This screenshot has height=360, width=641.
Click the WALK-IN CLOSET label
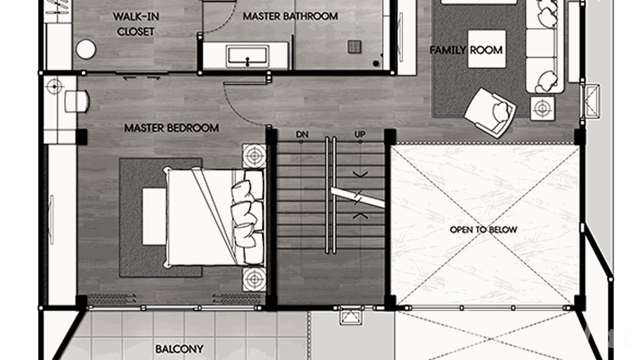click(x=136, y=24)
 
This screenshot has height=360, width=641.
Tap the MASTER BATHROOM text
click(x=290, y=16)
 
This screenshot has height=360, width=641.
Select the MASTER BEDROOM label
click(x=171, y=128)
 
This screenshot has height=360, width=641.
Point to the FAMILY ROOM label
click(x=466, y=50)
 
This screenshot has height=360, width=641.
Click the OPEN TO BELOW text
click(x=483, y=230)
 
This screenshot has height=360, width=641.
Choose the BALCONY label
click(x=179, y=349)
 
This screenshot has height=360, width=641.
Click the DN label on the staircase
click(x=301, y=135)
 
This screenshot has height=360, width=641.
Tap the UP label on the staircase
click(x=360, y=135)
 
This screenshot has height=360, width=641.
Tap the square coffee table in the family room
click(x=486, y=49)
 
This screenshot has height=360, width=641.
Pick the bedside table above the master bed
click(x=254, y=156)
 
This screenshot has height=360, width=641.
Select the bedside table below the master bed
click(x=254, y=278)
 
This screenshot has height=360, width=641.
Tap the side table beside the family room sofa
click(x=542, y=108)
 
